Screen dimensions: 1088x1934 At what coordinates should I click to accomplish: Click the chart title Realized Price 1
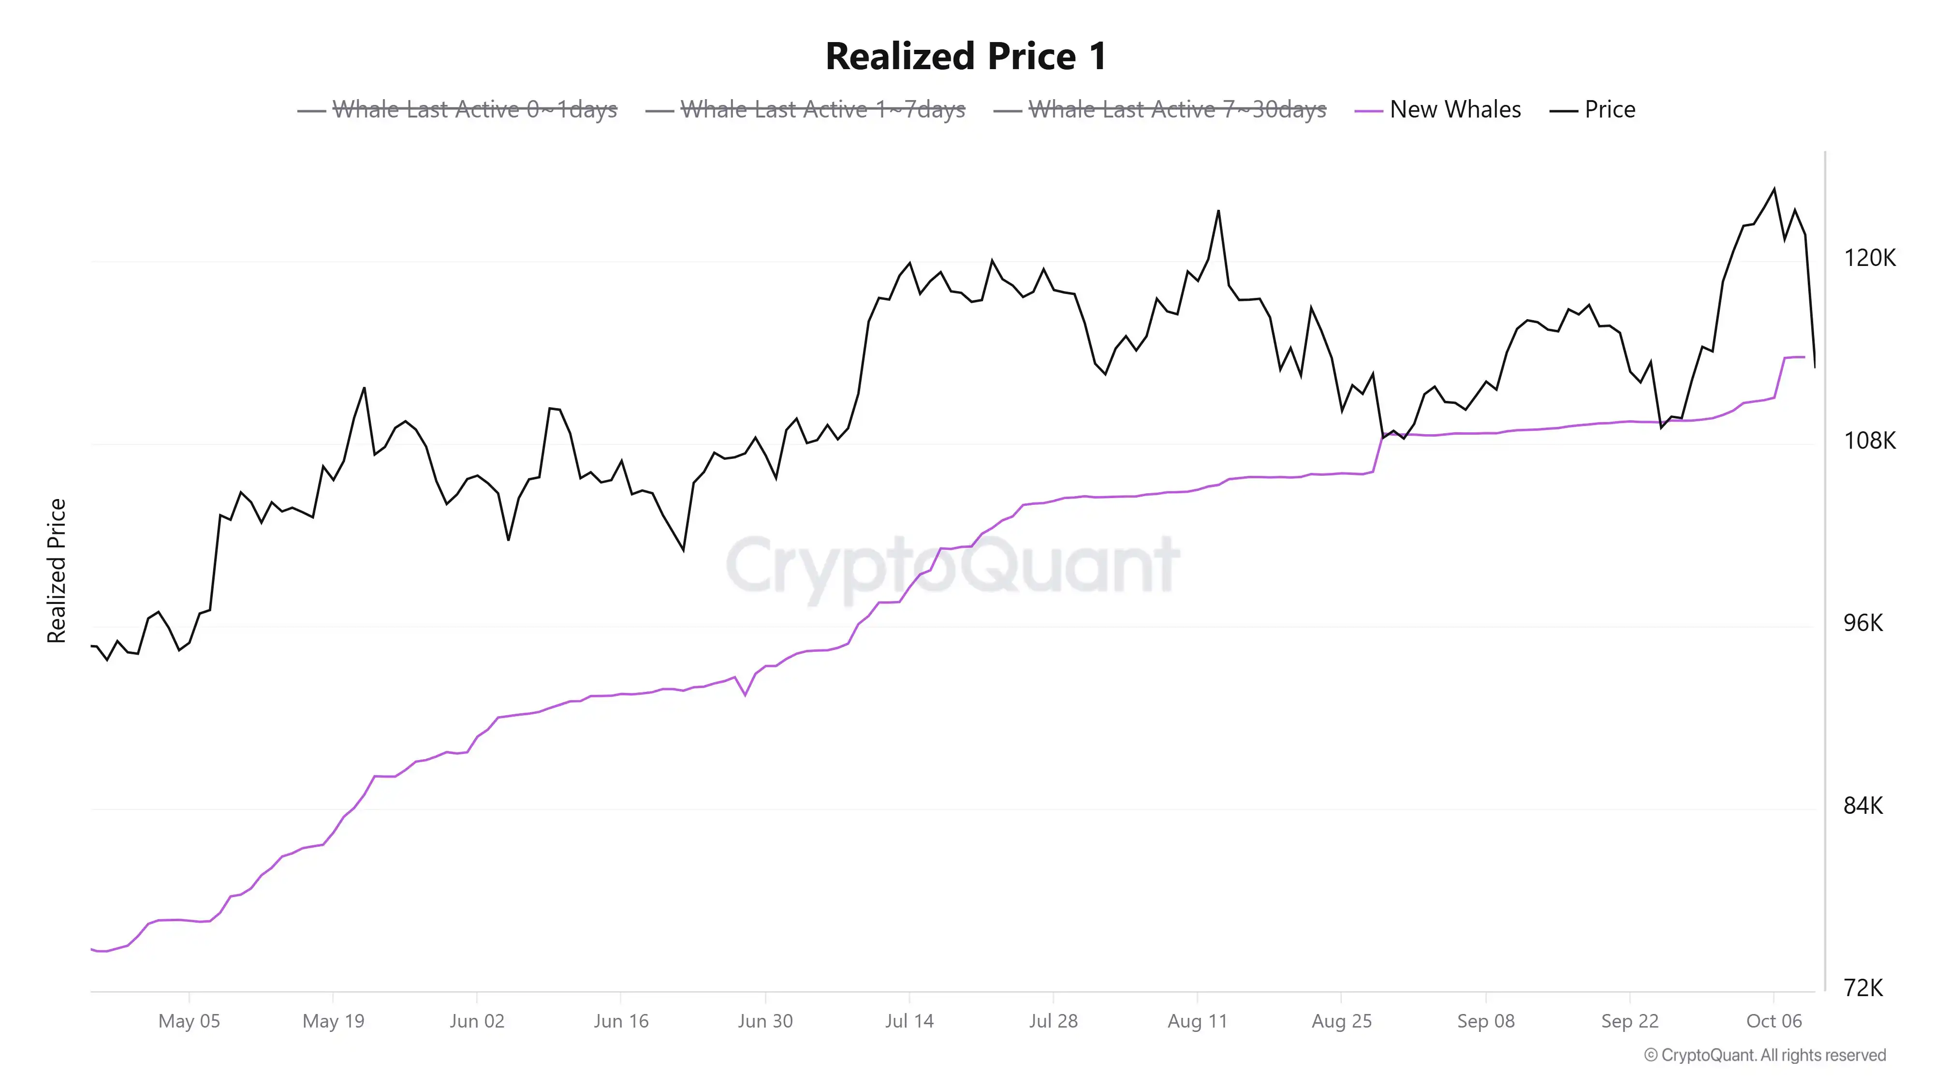click(966, 56)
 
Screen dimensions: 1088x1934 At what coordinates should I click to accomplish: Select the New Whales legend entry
click(1454, 110)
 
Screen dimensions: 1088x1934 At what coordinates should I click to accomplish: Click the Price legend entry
click(1609, 110)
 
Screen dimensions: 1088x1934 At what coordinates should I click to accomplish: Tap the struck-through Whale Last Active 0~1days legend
click(474, 110)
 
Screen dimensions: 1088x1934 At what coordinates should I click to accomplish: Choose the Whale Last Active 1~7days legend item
click(822, 110)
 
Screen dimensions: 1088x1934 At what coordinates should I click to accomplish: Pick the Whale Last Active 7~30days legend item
click(1176, 110)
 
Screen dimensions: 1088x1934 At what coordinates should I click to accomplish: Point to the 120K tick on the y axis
click(1869, 258)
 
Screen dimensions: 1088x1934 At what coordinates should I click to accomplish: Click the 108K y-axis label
click(1869, 441)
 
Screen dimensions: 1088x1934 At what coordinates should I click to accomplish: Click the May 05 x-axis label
click(189, 1021)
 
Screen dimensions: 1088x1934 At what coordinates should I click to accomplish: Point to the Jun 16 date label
click(621, 1021)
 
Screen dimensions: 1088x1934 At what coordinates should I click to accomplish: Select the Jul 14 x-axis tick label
click(909, 1021)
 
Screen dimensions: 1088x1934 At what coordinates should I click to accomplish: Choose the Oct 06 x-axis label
click(1774, 1021)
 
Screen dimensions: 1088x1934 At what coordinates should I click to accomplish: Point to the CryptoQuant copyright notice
click(1764, 1056)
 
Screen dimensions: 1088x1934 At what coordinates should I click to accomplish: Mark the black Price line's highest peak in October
click(1774, 189)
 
